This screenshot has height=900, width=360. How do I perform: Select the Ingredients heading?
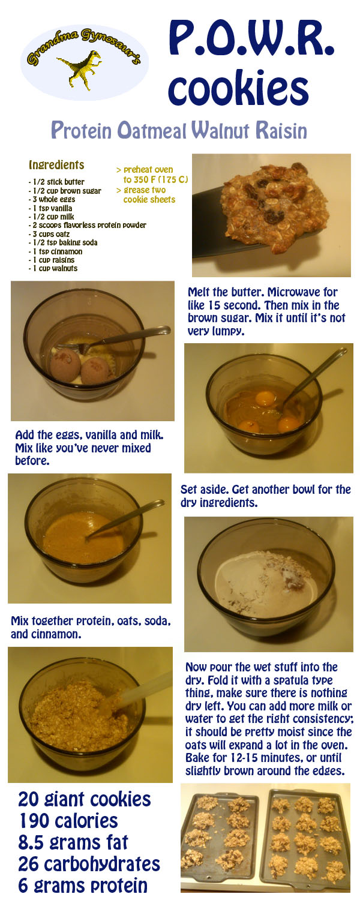pos(56,165)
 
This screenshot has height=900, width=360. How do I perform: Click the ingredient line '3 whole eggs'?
pos(52,199)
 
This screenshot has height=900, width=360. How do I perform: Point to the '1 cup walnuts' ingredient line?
pos(53,268)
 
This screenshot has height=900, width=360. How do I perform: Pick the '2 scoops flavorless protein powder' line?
pos(87,226)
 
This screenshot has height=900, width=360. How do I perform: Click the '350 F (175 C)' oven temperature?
pos(161,179)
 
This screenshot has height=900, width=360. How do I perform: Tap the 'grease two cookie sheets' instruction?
pos(146,195)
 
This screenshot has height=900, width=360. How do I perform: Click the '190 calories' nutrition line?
pos(69,821)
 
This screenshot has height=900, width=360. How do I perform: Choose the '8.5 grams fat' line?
pos(74,842)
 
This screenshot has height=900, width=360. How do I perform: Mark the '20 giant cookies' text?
pos(85,799)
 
